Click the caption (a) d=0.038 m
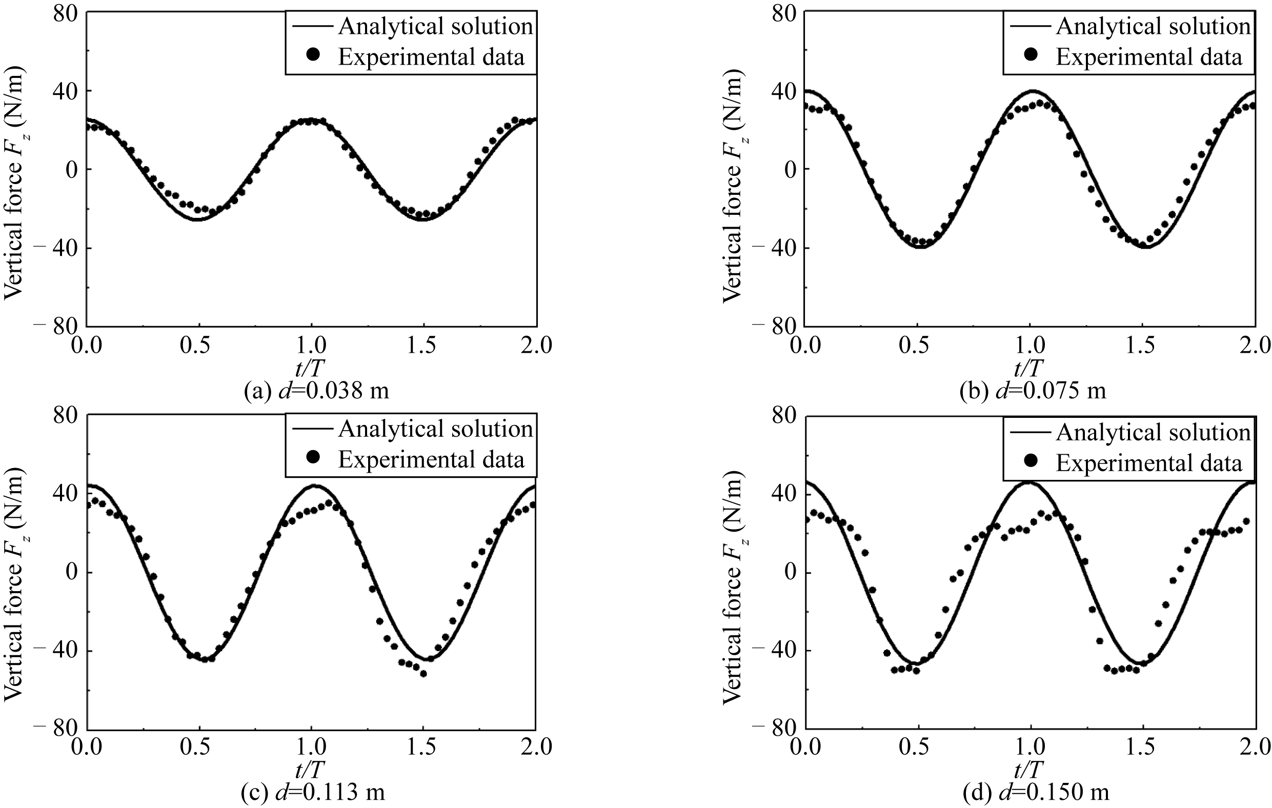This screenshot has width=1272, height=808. click(x=316, y=391)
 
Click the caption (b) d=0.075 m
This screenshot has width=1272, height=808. click(x=1032, y=391)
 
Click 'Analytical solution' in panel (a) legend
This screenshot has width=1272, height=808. click(x=435, y=27)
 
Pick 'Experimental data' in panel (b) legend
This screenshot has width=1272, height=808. click(x=1148, y=57)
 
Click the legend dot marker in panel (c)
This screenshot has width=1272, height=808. click(x=313, y=457)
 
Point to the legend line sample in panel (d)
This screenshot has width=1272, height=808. click(x=1030, y=433)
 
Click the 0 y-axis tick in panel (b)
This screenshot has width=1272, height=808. click(x=790, y=170)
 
